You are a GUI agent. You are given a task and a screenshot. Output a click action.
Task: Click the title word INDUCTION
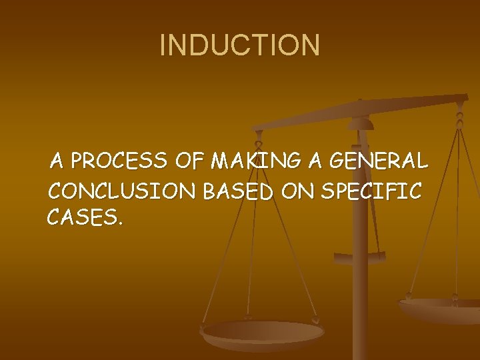click(240, 45)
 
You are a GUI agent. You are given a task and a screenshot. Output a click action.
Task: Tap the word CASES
click(83, 216)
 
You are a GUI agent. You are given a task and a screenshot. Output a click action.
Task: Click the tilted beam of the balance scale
click(360, 113)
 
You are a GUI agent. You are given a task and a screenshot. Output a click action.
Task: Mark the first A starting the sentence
click(57, 161)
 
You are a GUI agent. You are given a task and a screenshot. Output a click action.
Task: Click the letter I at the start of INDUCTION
click(163, 45)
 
